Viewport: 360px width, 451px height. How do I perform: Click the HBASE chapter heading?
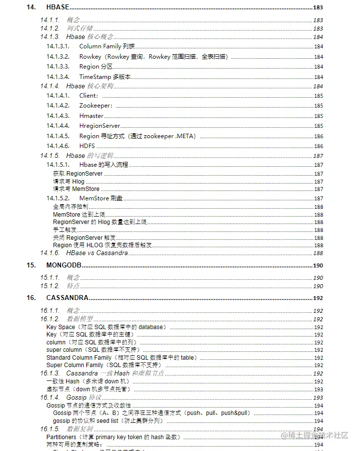pyautogui.click(x=57, y=7)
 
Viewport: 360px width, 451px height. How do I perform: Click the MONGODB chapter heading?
pyautogui.click(x=64, y=265)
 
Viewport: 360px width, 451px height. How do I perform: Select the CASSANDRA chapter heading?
pyautogui.click(x=67, y=298)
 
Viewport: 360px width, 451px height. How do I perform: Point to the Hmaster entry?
pyautogui.click(x=91, y=116)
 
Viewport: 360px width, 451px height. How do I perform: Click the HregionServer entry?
pyautogui.click(x=100, y=126)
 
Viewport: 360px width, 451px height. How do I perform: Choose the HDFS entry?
pyautogui.click(x=87, y=146)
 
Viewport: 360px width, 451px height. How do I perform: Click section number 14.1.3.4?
pyautogui.click(x=58, y=76)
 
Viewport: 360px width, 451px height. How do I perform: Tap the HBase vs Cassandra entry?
pyautogui.click(x=97, y=253)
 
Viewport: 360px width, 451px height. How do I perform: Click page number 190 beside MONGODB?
pyautogui.click(x=318, y=265)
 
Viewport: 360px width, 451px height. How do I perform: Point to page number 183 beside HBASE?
pyautogui.click(x=318, y=8)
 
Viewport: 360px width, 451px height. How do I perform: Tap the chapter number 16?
pyautogui.click(x=31, y=298)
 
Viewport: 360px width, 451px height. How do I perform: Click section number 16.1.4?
pyautogui.click(x=50, y=397)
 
